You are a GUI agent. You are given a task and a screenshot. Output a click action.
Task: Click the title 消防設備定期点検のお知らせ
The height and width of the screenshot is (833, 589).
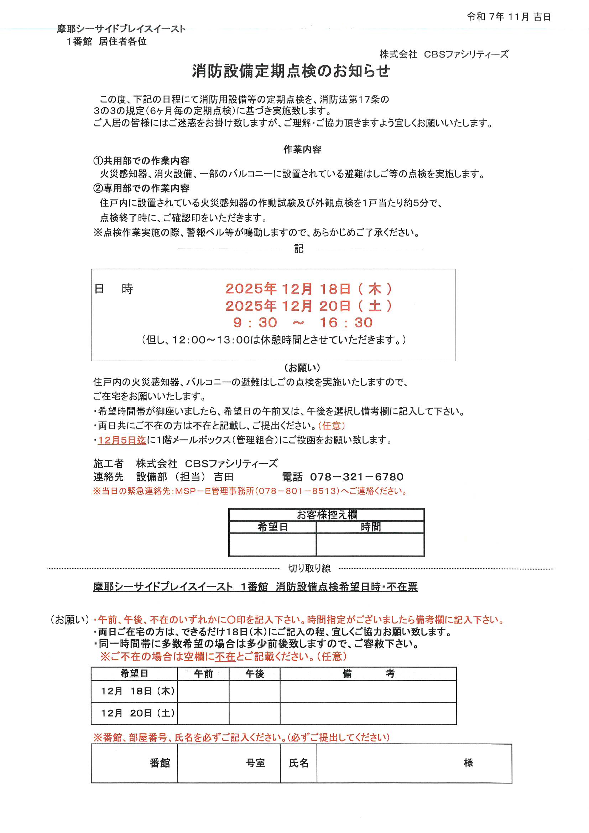coord(291,71)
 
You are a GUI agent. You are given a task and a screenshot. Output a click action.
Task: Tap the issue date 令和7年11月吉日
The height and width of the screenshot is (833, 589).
coord(509,17)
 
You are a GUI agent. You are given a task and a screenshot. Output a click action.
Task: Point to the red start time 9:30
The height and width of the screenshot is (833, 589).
coord(255,322)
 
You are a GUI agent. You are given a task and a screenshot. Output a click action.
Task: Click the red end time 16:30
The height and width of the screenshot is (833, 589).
coord(346,322)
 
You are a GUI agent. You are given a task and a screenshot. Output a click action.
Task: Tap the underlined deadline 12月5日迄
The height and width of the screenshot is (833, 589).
coord(122,440)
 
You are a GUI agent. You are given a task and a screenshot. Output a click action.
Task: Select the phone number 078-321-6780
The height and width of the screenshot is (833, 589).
coord(356,477)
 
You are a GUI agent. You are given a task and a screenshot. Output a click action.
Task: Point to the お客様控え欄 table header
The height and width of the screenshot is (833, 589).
coord(327,514)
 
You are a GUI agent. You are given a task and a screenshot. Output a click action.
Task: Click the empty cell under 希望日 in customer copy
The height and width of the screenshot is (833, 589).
coord(272,544)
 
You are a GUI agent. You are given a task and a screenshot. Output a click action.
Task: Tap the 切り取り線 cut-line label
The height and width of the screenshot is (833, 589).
coord(309,568)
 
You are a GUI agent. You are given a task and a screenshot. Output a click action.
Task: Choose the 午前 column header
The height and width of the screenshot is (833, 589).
coord(203,674)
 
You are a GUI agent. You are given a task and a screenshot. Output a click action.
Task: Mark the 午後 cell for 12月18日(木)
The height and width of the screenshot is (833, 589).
coord(254,691)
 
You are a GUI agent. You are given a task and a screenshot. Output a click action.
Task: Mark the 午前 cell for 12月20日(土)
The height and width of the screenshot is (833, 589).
coord(203,713)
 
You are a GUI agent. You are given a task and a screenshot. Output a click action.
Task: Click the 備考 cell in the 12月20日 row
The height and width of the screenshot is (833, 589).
coord(368,713)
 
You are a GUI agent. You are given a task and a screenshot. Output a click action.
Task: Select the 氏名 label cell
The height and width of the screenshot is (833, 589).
coord(298,763)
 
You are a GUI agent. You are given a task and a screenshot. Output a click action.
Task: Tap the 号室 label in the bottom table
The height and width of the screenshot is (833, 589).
coord(255,763)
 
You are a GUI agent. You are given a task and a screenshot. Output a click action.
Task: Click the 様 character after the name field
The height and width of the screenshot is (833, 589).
coord(468,763)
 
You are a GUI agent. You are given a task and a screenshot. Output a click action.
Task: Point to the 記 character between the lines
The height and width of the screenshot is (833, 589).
coord(298,249)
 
